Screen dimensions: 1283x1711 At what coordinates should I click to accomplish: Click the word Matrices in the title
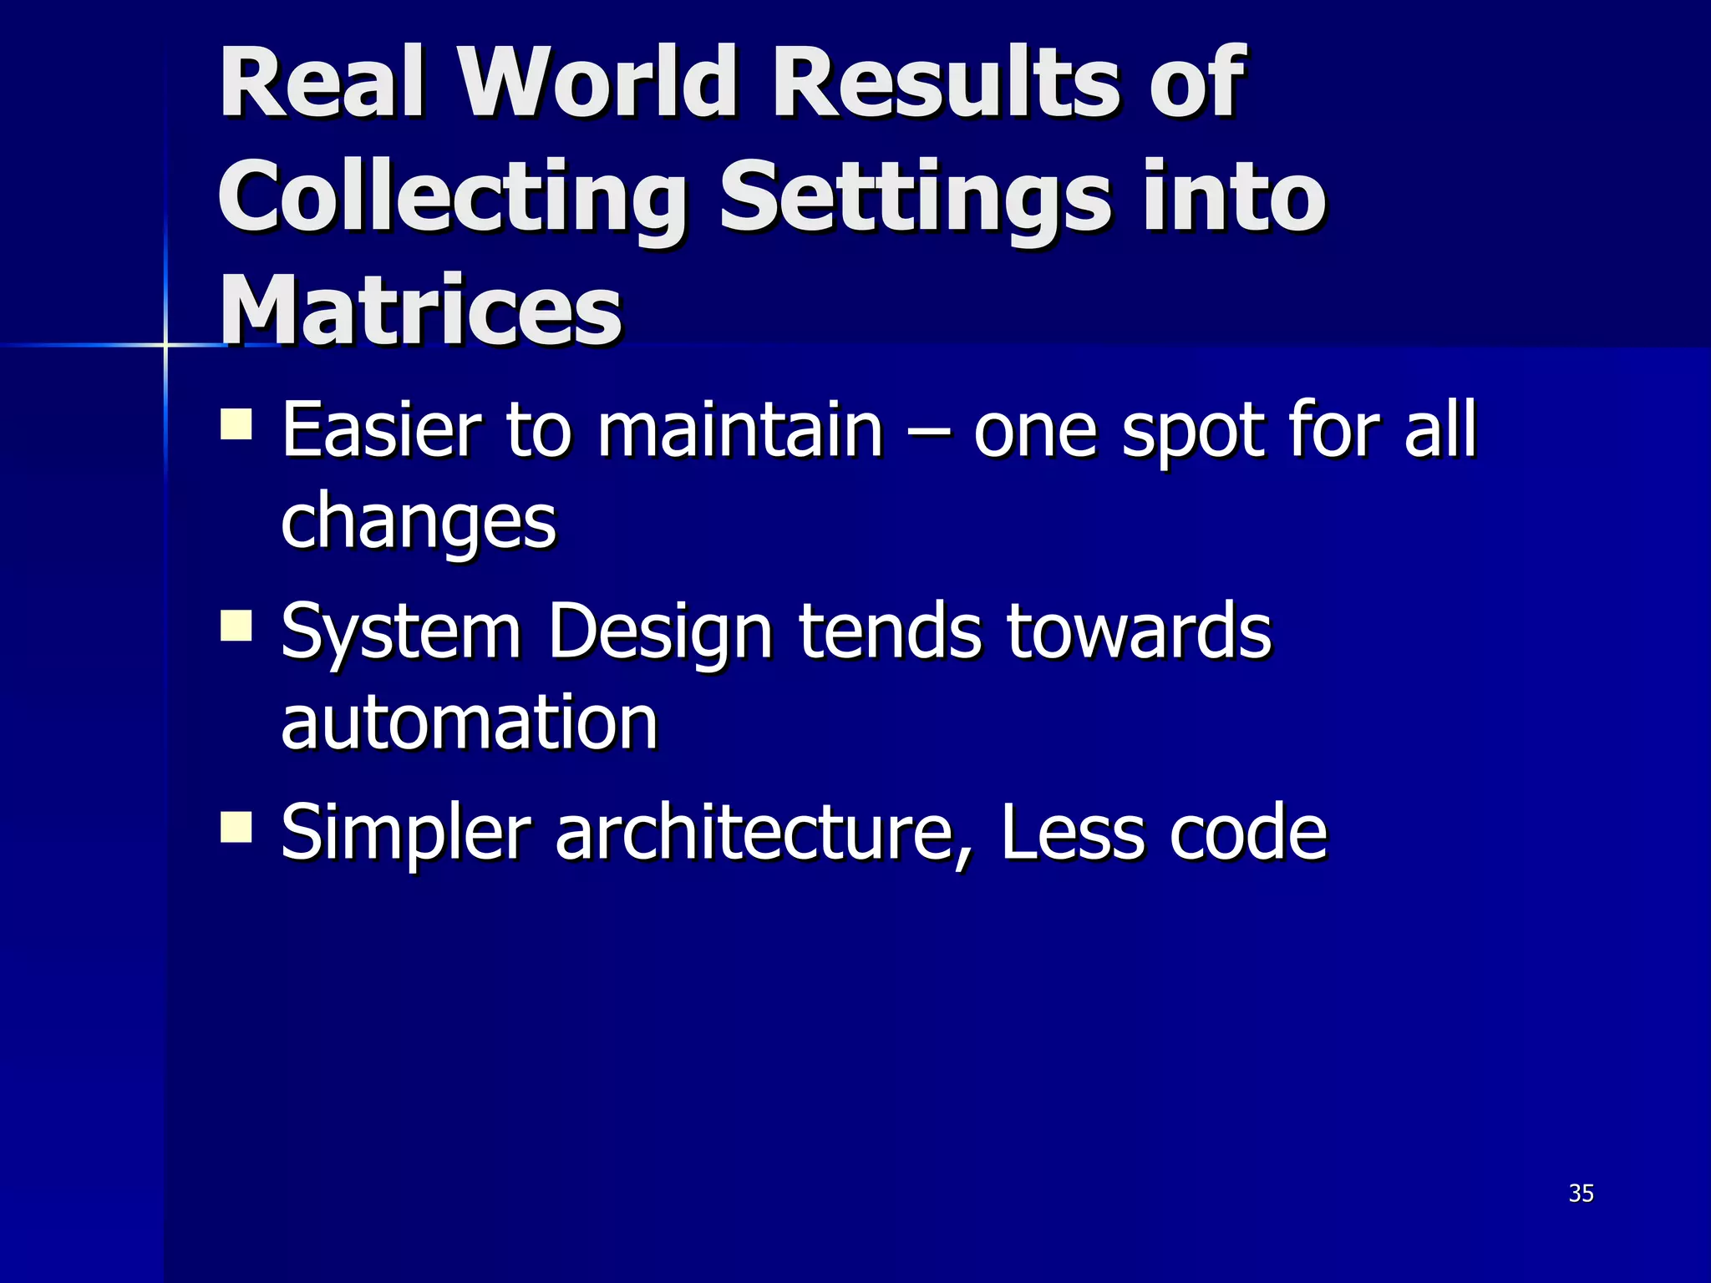420,310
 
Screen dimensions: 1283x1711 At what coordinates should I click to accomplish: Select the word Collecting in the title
452,197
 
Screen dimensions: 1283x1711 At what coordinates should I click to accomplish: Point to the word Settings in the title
915,197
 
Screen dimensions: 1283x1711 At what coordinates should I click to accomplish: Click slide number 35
1581,1194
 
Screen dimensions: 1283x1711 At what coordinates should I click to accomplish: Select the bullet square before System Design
236,625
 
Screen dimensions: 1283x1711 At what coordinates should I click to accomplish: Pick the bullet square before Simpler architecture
236,827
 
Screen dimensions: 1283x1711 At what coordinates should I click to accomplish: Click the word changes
419,522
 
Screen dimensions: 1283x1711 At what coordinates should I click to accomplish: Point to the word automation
470,722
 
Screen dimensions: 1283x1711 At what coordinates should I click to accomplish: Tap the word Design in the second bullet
660,632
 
